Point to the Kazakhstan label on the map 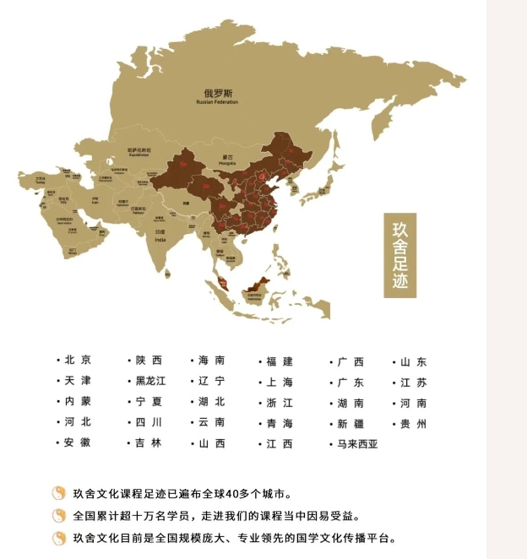pyautogui.click(x=139, y=152)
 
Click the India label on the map pyautogui.click(x=160, y=235)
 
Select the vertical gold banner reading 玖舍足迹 pyautogui.click(x=400, y=254)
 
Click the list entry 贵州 pyautogui.click(x=413, y=423)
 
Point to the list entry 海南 pyautogui.click(x=211, y=361)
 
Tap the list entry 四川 pyautogui.click(x=148, y=423)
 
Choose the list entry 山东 pyautogui.click(x=413, y=361)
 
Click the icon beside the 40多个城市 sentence pyautogui.click(x=59, y=493)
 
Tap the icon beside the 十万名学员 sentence pyautogui.click(x=59, y=515)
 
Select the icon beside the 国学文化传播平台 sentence pyautogui.click(x=59, y=538)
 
